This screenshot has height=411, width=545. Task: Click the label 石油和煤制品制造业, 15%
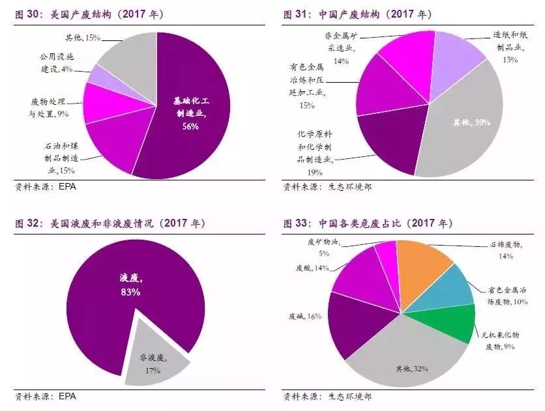pos(52,159)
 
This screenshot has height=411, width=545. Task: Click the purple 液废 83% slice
pos(130,287)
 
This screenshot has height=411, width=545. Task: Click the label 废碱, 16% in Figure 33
pos(306,316)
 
